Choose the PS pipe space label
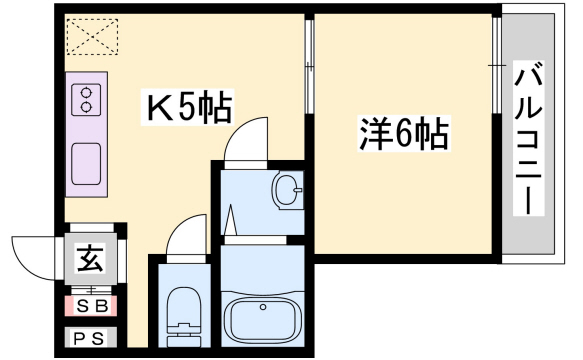(90, 338)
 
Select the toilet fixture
(182, 314)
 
